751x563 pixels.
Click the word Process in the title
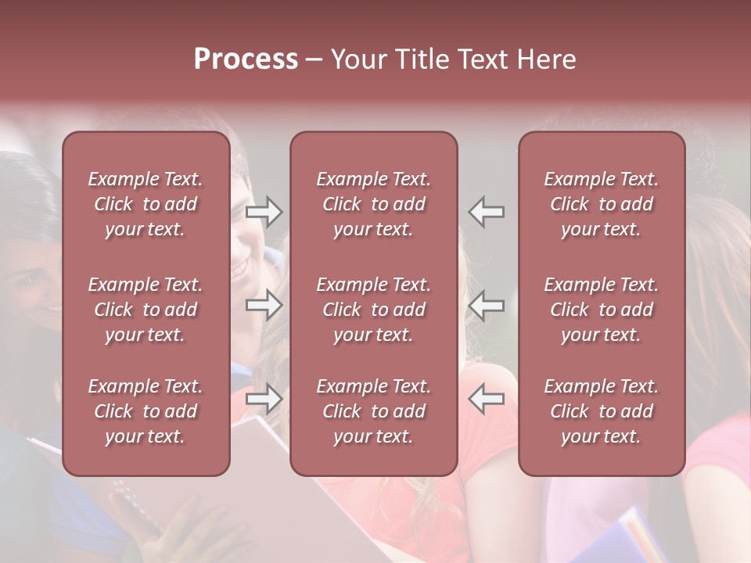point(246,59)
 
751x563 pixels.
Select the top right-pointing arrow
point(264,212)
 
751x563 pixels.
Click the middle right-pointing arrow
point(264,306)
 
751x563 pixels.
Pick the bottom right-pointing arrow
point(264,400)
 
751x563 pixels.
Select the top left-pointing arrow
point(486,212)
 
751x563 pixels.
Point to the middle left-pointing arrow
point(486,306)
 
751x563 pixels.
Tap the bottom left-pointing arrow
point(486,400)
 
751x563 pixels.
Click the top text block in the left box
point(146,204)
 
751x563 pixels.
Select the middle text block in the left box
point(146,310)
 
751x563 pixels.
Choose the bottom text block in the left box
point(146,411)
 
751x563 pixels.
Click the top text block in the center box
point(374,204)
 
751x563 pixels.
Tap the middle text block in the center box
point(374,310)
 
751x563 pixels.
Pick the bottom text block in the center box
point(374,411)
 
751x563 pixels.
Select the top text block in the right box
point(602,204)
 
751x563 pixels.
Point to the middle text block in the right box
point(602,310)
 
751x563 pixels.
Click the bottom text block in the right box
point(602,411)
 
